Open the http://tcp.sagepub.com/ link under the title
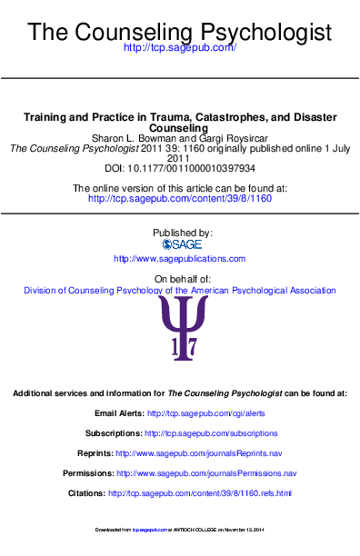click(x=179, y=47)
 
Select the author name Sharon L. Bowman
click(x=133, y=138)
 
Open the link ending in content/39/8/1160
click(x=179, y=197)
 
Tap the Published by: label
click(x=179, y=233)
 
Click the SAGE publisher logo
click(x=180, y=244)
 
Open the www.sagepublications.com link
click(x=179, y=259)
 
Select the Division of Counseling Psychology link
click(x=179, y=291)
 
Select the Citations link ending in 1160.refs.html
click(x=200, y=493)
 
